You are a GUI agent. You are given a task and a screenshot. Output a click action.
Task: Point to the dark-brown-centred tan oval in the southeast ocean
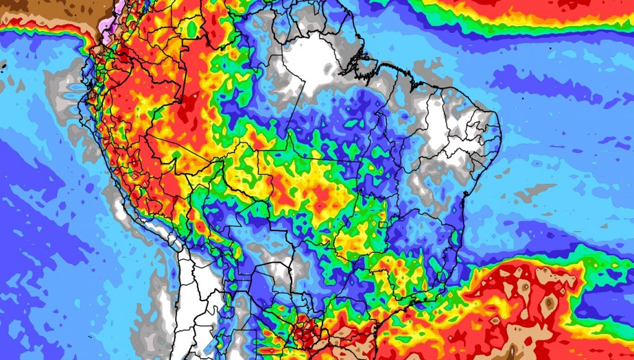(x=549, y=303)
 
